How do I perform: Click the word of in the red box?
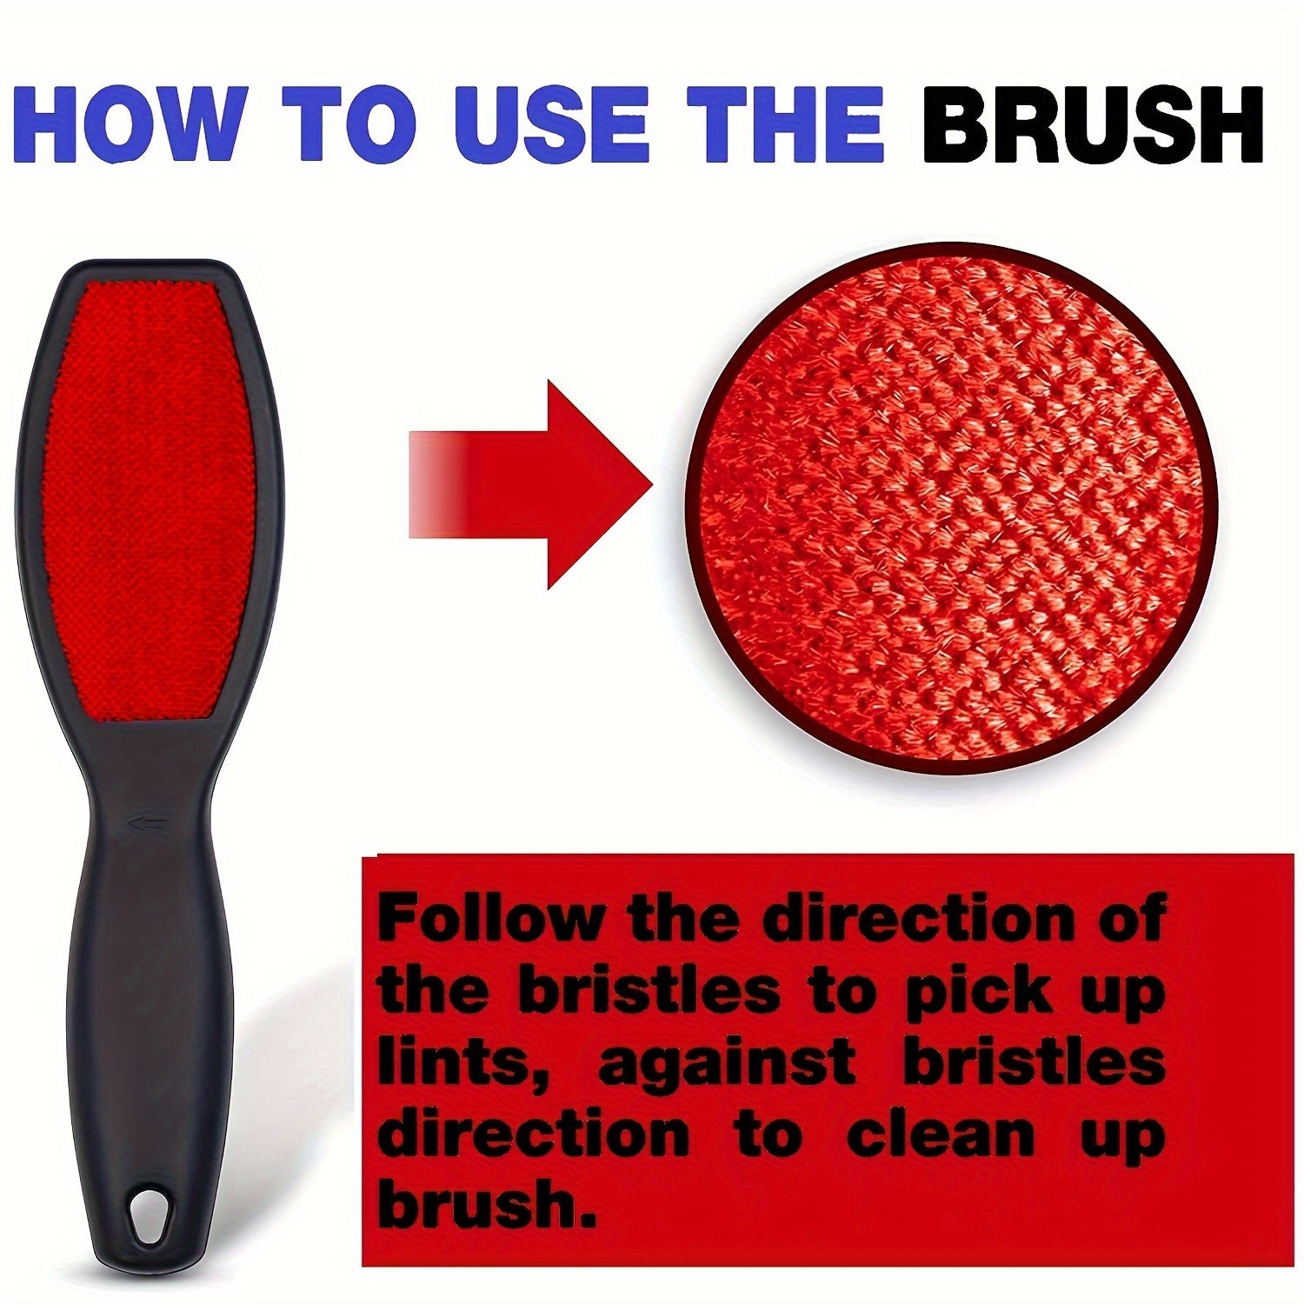pos(1130,918)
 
